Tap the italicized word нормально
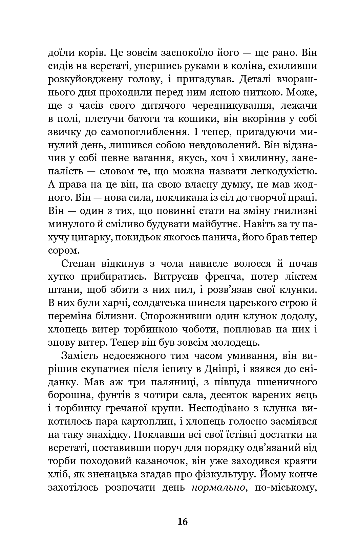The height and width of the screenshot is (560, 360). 218,488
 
